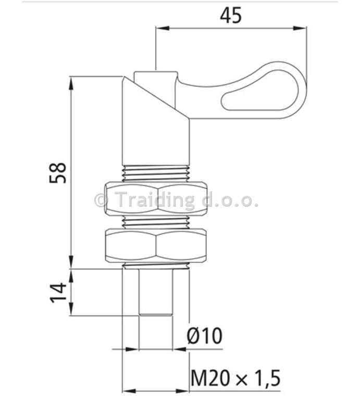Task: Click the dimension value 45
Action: (230, 15)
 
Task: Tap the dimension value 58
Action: (58, 172)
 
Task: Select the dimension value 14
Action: (58, 292)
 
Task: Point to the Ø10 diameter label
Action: (204, 336)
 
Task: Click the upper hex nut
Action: (155, 199)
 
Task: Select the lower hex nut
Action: (155, 246)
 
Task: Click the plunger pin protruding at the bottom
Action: (155, 292)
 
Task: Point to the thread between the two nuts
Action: (156, 222)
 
